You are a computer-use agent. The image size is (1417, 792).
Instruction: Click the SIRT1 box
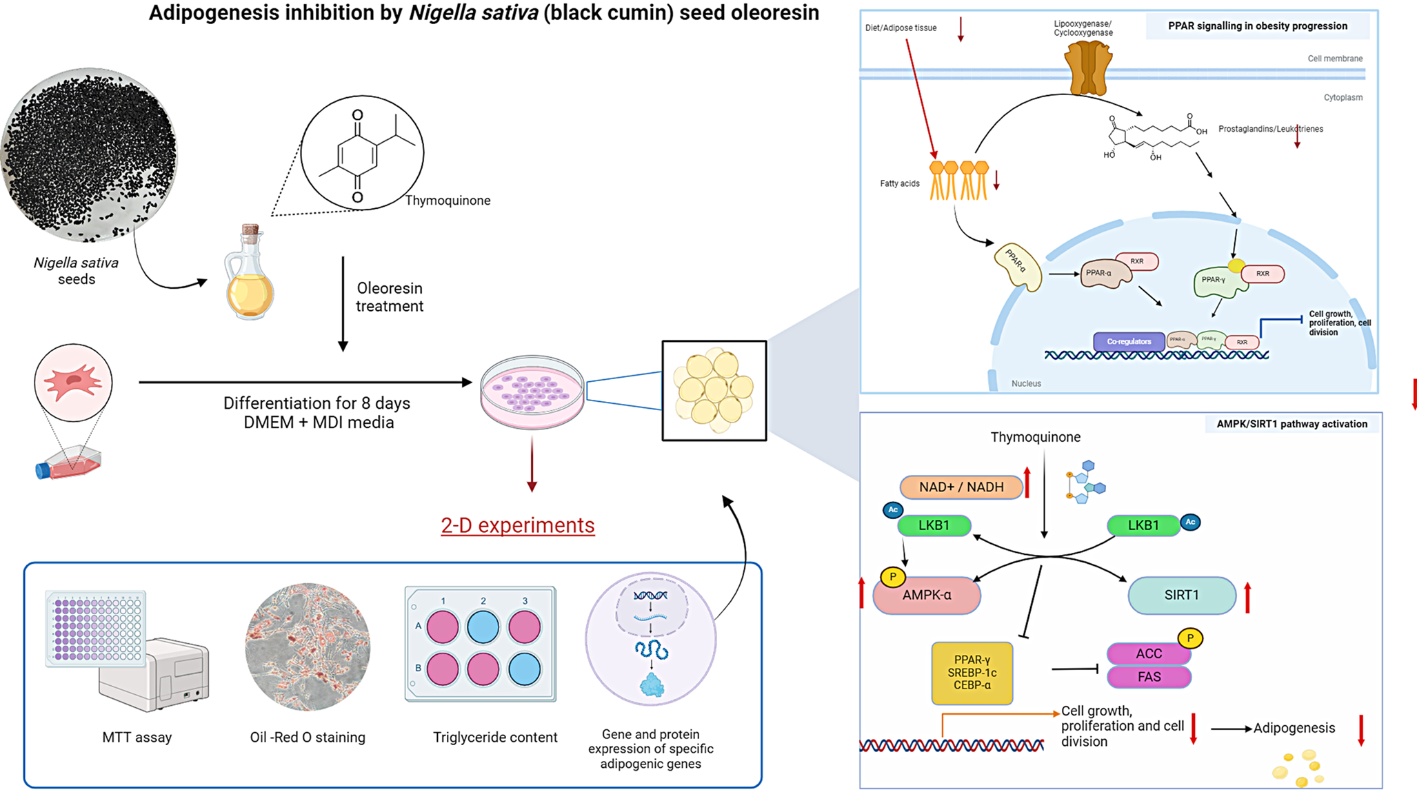[1181, 595]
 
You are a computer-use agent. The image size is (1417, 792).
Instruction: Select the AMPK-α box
[927, 596]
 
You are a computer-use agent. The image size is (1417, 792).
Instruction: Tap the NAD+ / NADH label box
[961, 487]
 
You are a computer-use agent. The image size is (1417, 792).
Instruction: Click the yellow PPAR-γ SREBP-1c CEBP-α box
[972, 673]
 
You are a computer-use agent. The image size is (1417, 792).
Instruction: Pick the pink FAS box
[1149, 677]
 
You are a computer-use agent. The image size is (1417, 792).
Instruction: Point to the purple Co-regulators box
[1128, 341]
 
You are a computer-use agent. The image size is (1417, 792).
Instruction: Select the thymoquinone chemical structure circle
[362, 153]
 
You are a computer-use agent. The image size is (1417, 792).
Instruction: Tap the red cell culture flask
[68, 464]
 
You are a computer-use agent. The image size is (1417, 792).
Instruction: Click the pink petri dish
[532, 392]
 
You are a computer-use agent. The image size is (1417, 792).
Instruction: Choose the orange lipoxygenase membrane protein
[1088, 68]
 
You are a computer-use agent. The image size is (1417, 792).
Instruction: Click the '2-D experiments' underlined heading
[517, 525]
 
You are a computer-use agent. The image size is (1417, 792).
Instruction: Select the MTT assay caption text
[137, 737]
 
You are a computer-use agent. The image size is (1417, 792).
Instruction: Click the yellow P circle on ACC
[1189, 638]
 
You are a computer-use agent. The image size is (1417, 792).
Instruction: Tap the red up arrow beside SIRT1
[1247, 597]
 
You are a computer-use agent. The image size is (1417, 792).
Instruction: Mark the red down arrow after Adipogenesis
[1360, 730]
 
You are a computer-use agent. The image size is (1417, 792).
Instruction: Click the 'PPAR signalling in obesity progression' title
[1256, 26]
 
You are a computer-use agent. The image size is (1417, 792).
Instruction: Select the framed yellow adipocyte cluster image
[714, 391]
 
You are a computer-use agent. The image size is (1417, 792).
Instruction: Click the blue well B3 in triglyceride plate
[524, 669]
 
